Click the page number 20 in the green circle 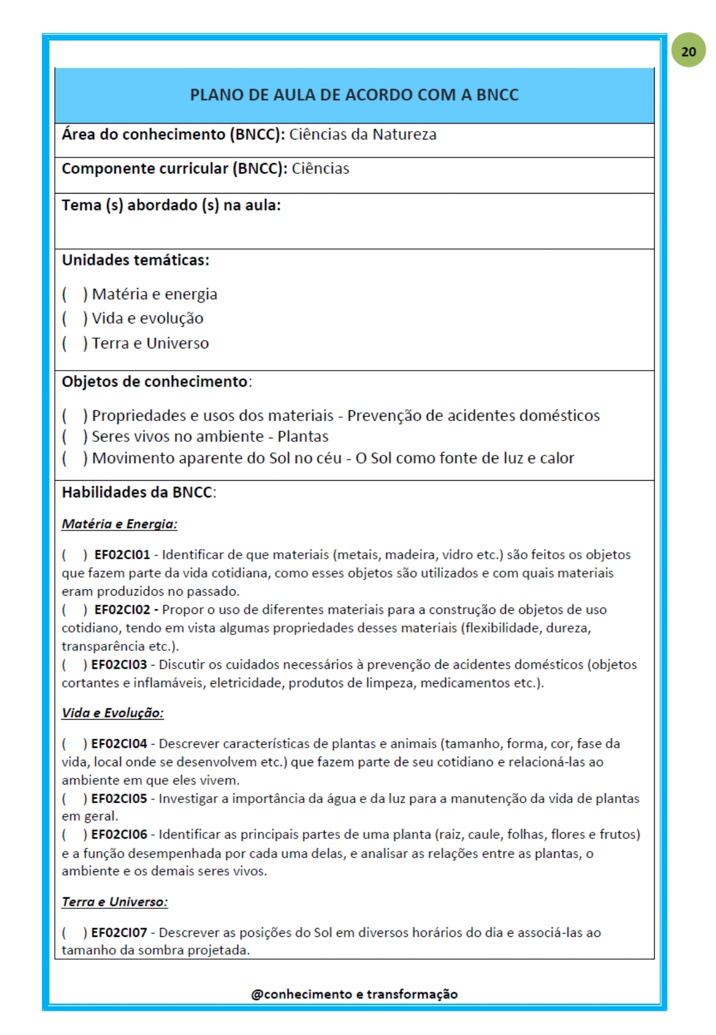pos(688,52)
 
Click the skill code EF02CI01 pos(122,555)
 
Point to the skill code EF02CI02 pos(122,610)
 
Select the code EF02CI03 pos(119,664)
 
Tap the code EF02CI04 pos(119,743)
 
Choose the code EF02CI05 pos(119,798)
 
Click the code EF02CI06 pos(119,834)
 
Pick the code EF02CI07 pos(119,932)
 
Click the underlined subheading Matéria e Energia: pos(119,524)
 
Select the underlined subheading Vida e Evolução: pos(113,713)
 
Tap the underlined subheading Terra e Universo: pos(115,902)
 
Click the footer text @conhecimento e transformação pos(354,994)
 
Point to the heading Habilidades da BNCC pos(138,492)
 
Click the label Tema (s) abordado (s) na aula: pos(171,205)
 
